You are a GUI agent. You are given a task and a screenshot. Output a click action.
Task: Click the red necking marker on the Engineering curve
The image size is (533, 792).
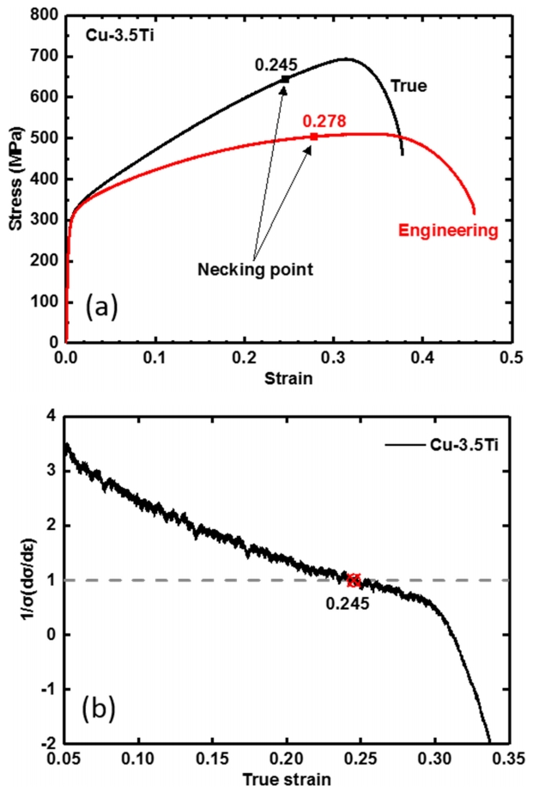314,137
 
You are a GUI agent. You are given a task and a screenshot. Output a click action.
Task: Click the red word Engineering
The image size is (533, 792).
449,230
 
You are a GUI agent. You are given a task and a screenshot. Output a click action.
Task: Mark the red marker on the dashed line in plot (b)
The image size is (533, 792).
353,580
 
